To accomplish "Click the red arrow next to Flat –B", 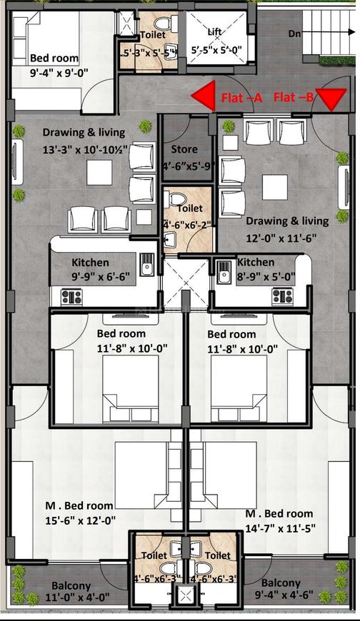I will click(x=329, y=99).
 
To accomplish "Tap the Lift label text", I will click(x=214, y=33).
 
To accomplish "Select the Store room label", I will click(x=185, y=149).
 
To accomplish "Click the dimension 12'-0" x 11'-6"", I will click(x=286, y=238).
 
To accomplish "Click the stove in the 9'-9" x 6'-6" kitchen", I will click(x=72, y=296).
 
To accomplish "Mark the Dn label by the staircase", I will click(x=294, y=33).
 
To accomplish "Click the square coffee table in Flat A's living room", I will click(x=97, y=171).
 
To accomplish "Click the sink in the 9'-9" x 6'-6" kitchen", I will click(x=146, y=266).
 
